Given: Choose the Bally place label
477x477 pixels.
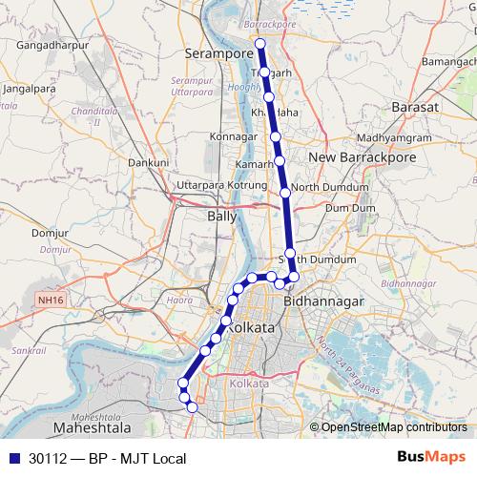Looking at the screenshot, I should pos(222,217).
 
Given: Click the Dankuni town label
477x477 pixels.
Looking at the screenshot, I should pos(148,163).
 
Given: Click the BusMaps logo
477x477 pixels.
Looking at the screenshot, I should pos(430,458).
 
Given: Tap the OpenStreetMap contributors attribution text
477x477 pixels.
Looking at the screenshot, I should pos(394,427).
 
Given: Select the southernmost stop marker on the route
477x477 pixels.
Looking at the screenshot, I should pos(193,406).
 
